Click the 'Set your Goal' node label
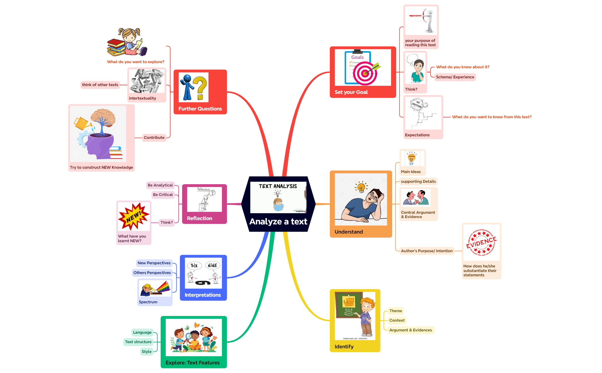[351, 92]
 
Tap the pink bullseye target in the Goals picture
[365, 73]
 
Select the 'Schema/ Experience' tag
[455, 77]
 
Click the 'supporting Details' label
[418, 181]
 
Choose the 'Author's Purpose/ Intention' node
[427, 251]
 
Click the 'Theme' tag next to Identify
[396, 311]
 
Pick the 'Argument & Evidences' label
[410, 330]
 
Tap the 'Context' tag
[397, 320]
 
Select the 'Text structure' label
[138, 342]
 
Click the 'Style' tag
[147, 351]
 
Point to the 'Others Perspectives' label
[152, 273]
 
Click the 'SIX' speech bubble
[194, 265]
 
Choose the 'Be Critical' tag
[163, 195]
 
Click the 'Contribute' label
[154, 137]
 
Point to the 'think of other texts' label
[100, 85]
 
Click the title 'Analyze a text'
[278, 222]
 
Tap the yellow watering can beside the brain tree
[82, 123]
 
